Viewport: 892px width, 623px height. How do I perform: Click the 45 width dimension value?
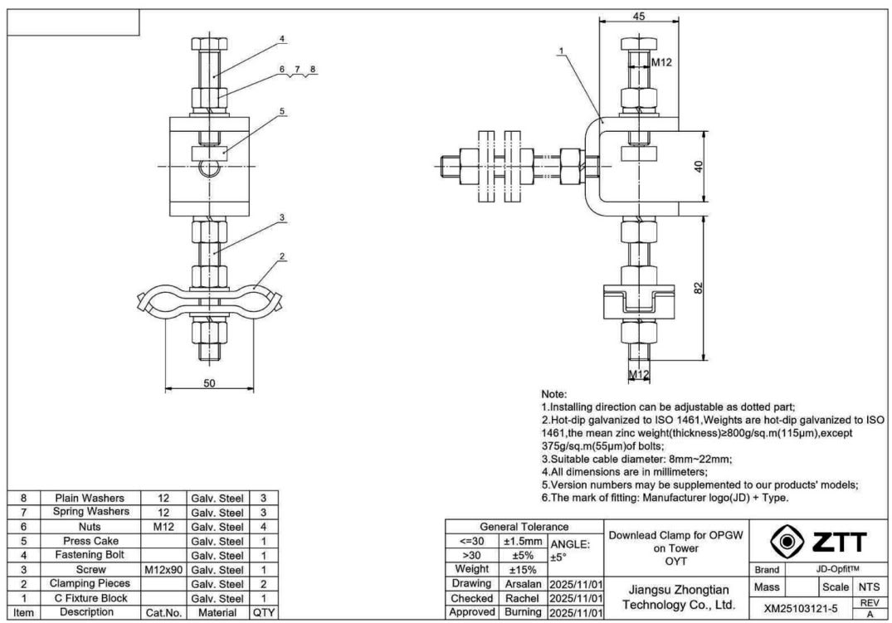(x=638, y=15)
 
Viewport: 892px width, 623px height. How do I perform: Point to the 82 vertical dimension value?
(x=699, y=288)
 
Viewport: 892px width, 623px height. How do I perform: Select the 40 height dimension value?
(x=699, y=166)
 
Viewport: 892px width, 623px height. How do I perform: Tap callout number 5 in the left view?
(x=281, y=110)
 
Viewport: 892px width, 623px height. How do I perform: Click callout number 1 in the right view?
(x=562, y=51)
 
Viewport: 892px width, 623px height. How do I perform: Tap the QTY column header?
(x=263, y=613)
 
